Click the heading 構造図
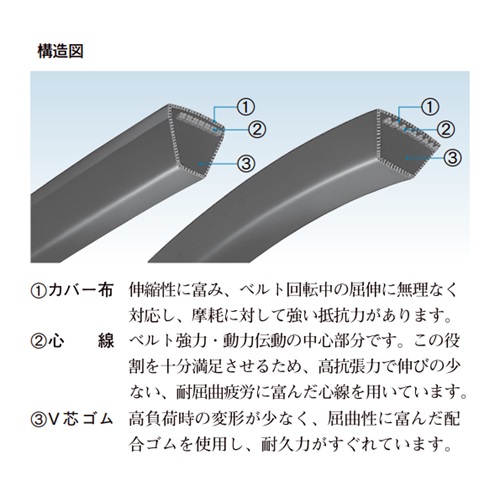click(x=60, y=52)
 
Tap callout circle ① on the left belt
click(x=245, y=107)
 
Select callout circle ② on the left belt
click(x=257, y=129)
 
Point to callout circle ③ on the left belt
click(x=245, y=163)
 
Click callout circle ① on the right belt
click(x=430, y=107)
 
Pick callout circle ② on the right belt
click(x=445, y=129)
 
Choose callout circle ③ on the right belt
click(x=452, y=157)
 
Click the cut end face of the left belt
click(x=195, y=139)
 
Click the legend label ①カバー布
click(x=72, y=291)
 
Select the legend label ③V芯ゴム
click(x=72, y=419)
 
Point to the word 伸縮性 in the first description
click(x=152, y=290)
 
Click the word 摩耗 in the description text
click(x=207, y=316)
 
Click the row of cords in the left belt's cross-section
click(x=199, y=123)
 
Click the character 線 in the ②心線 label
click(x=106, y=341)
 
